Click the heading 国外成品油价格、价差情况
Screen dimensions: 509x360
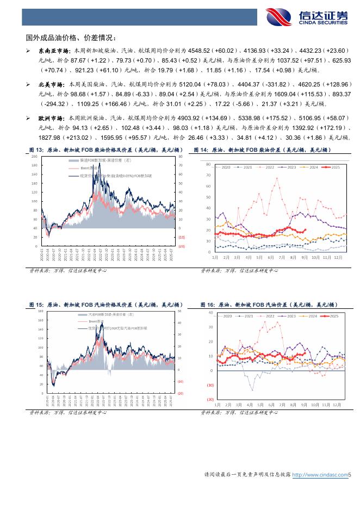pyautogui.click(x=71, y=38)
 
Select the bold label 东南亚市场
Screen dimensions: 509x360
pyautogui.click(x=50, y=51)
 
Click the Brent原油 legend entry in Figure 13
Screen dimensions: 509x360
pyautogui.click(x=90, y=169)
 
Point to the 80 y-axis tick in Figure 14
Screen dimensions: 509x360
pyautogui.click(x=208, y=164)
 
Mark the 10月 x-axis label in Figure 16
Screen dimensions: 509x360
pyautogui.click(x=315, y=405)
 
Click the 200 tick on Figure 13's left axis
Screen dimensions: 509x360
pyautogui.click(x=35, y=157)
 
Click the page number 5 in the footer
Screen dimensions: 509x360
pyautogui.click(x=350, y=475)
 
